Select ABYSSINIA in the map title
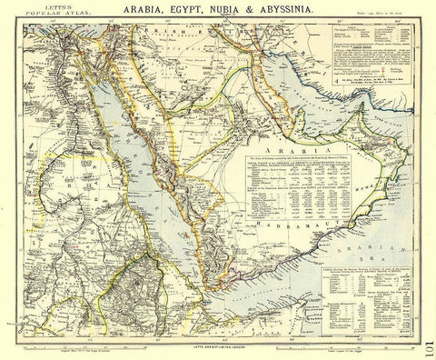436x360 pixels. tap(303, 14)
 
